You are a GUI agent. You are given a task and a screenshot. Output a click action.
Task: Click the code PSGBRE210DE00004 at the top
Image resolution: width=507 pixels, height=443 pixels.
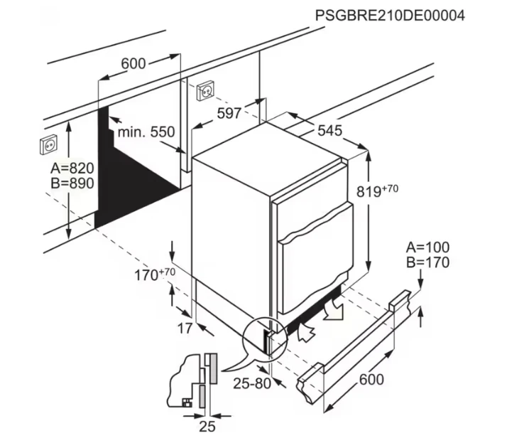coord(390,16)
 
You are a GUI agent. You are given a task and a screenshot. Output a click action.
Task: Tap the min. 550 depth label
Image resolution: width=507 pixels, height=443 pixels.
coord(146,132)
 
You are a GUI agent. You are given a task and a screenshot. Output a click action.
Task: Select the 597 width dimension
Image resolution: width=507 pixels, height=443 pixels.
coord(229,113)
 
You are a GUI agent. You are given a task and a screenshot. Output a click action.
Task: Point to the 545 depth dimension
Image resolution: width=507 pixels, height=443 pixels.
coord(329,131)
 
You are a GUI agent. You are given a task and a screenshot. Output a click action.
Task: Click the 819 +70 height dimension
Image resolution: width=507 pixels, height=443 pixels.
coord(377,191)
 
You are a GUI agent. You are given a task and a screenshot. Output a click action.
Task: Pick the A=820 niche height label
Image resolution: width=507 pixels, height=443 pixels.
coord(72,169)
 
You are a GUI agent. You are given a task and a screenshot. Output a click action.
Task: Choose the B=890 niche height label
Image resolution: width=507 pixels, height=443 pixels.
coord(72,183)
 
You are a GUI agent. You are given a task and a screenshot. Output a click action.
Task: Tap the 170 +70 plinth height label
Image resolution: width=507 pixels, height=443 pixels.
coord(155,274)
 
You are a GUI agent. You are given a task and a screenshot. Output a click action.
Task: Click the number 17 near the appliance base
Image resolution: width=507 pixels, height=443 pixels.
coord(185,329)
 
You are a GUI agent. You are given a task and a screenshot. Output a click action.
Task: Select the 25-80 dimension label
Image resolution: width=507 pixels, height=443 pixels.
coord(252,384)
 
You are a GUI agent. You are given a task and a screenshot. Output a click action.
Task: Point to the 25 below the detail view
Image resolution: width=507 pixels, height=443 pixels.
coord(207,427)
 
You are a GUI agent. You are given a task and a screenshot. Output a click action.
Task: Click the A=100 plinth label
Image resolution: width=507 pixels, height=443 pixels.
coord(427,247)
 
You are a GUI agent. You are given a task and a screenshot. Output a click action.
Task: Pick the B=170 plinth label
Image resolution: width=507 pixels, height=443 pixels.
coord(427,262)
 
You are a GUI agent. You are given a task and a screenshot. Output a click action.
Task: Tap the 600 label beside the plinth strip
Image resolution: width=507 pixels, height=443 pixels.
coord(371,379)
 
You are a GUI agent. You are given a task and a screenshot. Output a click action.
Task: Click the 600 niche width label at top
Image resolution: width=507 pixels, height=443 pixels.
coord(133,63)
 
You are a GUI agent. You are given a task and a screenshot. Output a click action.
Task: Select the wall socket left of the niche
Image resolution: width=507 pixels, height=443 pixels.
coord(49,145)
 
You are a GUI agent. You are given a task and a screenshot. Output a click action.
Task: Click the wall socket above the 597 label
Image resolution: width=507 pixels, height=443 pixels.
coord(206,91)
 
